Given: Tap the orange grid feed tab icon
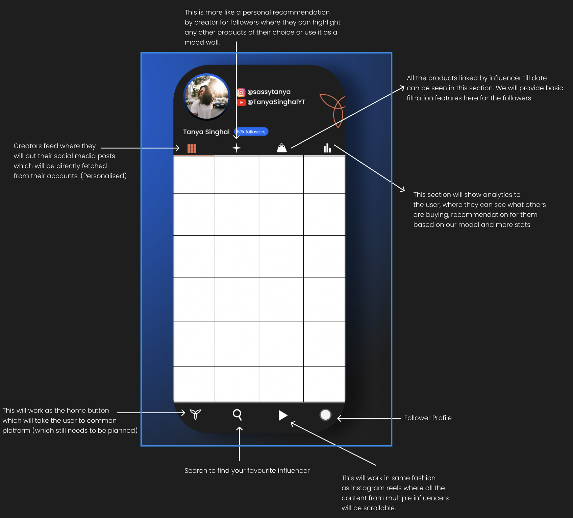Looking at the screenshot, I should [192, 148].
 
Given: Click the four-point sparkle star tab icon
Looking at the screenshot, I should [236, 148].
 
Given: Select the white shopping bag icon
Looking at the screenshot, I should [282, 148].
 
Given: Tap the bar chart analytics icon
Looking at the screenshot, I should [327, 148].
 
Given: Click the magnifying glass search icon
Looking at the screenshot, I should [238, 415].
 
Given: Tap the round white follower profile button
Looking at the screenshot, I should [325, 415].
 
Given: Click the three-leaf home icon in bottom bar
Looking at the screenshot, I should [195, 414].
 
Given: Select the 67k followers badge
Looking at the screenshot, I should [251, 132].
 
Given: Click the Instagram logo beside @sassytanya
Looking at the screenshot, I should [241, 92].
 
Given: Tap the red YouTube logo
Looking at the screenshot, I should [241, 102].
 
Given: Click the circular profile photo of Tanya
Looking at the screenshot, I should [207, 97].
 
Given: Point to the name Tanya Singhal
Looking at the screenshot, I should [206, 132].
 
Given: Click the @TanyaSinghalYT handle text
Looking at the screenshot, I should [276, 102].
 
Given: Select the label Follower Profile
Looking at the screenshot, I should [428, 418].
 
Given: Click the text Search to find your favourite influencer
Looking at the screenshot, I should [247, 471].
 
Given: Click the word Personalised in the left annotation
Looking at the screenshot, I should [104, 176].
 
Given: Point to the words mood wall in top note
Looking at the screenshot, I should [202, 42].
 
